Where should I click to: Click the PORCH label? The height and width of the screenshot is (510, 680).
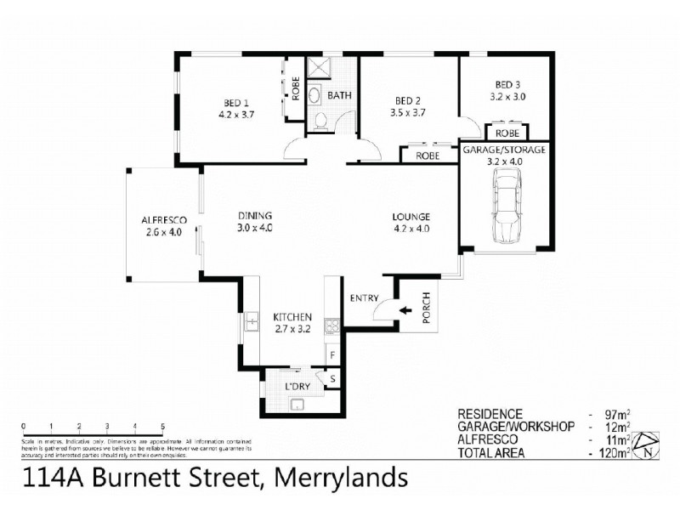(x=426, y=312)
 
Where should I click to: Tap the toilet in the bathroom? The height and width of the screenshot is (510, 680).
(x=320, y=122)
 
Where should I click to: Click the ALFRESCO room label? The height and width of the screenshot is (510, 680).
(x=164, y=225)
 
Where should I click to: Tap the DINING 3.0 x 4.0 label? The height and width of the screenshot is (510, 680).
(x=255, y=221)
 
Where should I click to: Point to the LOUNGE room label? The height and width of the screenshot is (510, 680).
(x=411, y=221)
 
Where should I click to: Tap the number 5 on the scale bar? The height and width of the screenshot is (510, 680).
(x=161, y=425)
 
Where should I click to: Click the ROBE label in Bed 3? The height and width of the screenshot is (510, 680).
(x=507, y=133)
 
